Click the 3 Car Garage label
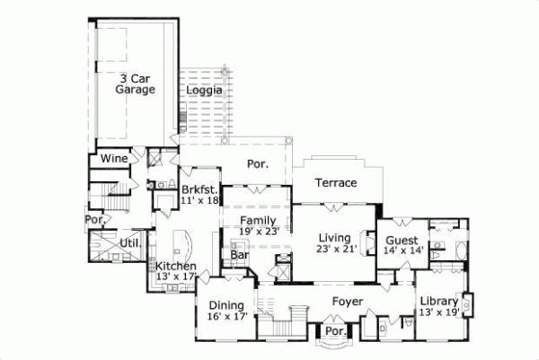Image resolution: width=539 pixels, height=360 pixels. point(136,83)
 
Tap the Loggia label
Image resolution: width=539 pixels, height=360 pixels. point(205,91)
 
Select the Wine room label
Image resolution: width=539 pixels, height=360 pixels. point(113,158)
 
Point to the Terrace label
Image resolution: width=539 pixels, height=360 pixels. point(337,182)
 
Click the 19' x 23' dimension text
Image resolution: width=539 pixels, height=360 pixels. point(259,231)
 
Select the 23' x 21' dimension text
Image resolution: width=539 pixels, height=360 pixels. point(338,250)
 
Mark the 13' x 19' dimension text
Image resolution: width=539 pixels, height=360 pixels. point(439,312)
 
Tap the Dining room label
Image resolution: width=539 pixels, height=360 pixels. point(226,304)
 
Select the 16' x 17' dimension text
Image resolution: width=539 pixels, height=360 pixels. point(226,316)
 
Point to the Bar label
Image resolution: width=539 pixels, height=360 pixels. point(240,255)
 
